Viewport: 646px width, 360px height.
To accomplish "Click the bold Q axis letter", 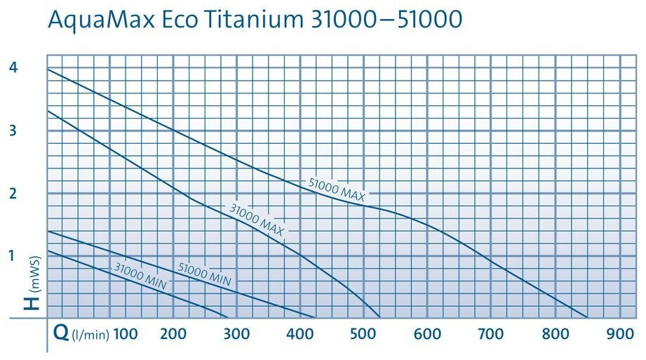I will point(61,332).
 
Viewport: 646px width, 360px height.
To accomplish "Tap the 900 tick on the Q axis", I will point(619,333).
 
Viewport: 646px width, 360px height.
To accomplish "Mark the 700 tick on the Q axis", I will point(491,333).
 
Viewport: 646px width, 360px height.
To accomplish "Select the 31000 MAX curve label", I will point(257,219).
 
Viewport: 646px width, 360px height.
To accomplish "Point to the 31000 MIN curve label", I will point(139,274).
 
